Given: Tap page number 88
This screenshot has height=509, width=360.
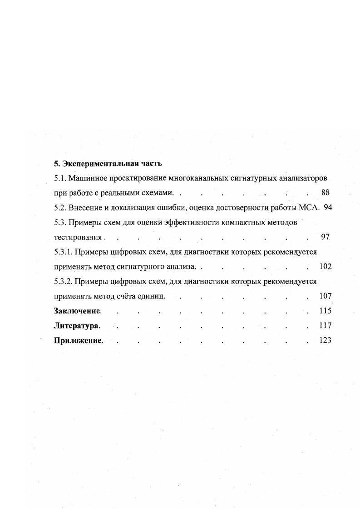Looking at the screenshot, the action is [x=325, y=192].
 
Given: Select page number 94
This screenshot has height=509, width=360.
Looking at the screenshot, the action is [x=328, y=207].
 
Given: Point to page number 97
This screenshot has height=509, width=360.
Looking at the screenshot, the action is [x=325, y=237].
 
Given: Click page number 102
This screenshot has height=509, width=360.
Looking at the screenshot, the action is [x=325, y=266].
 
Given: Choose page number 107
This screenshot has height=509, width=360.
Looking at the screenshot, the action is [x=325, y=296].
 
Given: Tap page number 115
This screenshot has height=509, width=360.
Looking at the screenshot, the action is [x=325, y=311].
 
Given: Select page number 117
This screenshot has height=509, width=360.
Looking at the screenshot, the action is [x=325, y=325].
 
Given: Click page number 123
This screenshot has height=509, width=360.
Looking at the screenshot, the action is [x=325, y=340].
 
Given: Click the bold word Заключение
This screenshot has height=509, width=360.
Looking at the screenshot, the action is [x=77, y=311].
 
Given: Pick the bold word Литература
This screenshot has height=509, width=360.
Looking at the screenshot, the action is [x=76, y=325].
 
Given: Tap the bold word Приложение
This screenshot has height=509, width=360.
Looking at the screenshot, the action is [x=78, y=340].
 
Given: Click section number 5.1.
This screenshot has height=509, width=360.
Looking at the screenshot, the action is [x=59, y=178].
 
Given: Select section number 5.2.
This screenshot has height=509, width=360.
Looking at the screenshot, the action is [x=59, y=207].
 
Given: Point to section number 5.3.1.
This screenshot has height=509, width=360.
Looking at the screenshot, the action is [x=63, y=251].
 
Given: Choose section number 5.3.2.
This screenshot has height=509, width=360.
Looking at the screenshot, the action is [x=63, y=281].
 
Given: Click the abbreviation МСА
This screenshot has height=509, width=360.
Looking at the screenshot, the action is [x=310, y=207].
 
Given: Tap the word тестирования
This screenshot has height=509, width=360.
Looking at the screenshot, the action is [x=78, y=237].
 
